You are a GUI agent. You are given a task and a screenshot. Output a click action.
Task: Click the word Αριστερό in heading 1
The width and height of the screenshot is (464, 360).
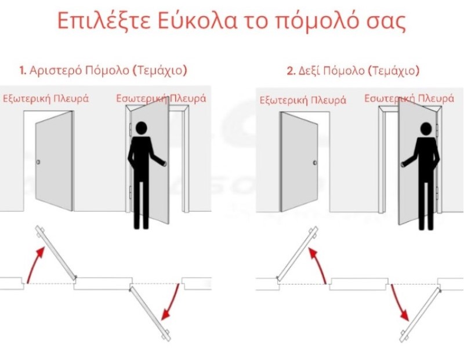[x=56, y=71]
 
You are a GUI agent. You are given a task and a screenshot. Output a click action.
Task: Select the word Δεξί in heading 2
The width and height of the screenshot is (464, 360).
[x=309, y=71]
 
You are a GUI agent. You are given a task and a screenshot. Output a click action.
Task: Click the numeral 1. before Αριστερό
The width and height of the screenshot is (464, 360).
[x=23, y=71]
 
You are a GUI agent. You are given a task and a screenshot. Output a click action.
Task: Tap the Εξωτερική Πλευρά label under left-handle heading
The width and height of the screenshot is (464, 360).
[x=46, y=98]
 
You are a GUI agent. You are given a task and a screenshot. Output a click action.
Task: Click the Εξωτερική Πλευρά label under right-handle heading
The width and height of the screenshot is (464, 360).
[x=303, y=100]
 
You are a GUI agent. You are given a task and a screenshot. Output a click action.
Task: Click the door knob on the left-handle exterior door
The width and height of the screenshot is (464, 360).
[x=38, y=162]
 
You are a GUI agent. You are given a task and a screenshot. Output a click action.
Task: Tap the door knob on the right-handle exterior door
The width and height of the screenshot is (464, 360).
[x=315, y=163]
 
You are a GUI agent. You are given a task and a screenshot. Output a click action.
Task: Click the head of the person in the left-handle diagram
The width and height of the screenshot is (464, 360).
[x=141, y=128]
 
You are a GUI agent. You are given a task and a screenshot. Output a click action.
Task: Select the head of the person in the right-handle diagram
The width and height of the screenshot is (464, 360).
[x=426, y=129]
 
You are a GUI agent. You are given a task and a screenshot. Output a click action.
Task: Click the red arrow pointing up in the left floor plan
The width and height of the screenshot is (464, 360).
[x=35, y=264]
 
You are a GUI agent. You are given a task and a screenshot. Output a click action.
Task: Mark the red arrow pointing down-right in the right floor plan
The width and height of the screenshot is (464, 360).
[x=400, y=303]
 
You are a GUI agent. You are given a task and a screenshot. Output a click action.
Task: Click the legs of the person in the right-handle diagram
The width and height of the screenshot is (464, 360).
[x=426, y=204]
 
